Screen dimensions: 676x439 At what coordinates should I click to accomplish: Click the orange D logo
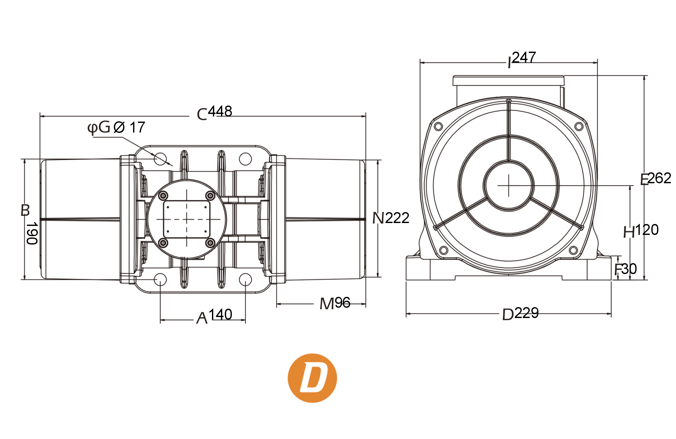pyautogui.click(x=312, y=378)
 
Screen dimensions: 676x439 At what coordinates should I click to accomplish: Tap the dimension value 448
pyautogui.click(x=220, y=112)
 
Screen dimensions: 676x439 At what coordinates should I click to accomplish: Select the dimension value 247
pyautogui.click(x=524, y=57)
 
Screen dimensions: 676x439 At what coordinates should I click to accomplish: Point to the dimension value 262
pyautogui.click(x=659, y=178)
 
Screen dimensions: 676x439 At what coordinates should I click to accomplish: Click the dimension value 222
pyautogui.click(x=397, y=218)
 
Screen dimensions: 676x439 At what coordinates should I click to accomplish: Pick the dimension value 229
pyautogui.click(x=527, y=313)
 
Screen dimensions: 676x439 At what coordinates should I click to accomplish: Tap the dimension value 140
pyautogui.click(x=220, y=314)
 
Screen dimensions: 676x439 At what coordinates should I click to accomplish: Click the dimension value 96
pyautogui.click(x=342, y=303)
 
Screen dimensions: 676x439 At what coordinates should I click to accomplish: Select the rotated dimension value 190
pyautogui.click(x=32, y=233)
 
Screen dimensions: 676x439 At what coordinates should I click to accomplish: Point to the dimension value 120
pyautogui.click(x=647, y=230)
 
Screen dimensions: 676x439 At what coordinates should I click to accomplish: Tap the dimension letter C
pyautogui.click(x=202, y=114)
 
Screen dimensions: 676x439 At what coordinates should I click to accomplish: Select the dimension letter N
pyautogui.click(x=378, y=218)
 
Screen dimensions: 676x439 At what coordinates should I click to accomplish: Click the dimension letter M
pyautogui.click(x=327, y=304)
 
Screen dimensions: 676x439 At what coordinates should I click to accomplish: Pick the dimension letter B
pyautogui.click(x=25, y=210)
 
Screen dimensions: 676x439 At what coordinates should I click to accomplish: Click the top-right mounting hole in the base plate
pyautogui.click(x=245, y=159)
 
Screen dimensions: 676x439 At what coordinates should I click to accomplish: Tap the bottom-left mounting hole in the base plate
pyautogui.click(x=160, y=280)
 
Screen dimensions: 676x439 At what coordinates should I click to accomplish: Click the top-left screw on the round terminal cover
pyautogui.click(x=163, y=195)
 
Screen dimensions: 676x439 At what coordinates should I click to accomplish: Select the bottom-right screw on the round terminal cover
pyautogui.click(x=210, y=243)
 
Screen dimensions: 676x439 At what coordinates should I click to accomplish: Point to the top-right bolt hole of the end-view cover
pyautogui.click(x=579, y=126)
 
